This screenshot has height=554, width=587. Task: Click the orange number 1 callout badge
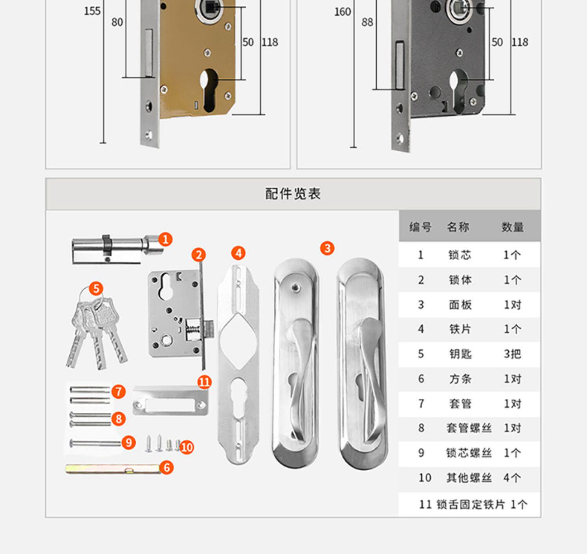(165, 239)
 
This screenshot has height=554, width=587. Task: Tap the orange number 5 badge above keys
(96, 289)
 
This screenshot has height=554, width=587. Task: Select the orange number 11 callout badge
(204, 382)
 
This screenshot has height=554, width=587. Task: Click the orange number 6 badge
(167, 467)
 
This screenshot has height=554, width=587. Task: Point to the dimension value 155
(92, 11)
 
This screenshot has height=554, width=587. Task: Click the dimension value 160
(342, 12)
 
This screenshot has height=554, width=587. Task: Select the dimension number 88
(367, 22)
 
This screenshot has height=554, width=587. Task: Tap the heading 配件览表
(293, 194)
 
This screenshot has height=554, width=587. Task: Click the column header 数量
(512, 227)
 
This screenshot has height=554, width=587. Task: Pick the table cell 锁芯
(460, 255)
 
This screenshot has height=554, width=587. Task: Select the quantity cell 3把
(512, 354)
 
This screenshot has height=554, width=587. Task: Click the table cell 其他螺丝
(469, 478)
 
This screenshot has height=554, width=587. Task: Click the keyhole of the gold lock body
(209, 90)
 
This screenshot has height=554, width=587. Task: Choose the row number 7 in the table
(421, 403)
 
